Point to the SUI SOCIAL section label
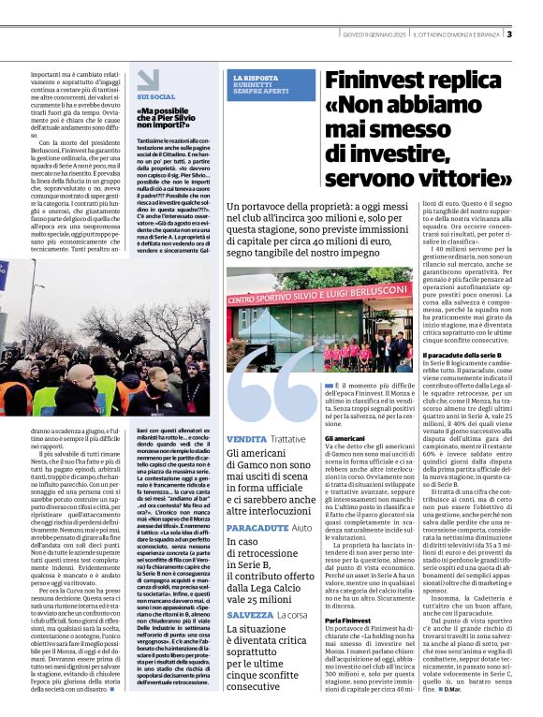155,96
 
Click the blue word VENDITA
246,439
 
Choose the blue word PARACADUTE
257,528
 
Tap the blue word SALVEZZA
251,614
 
